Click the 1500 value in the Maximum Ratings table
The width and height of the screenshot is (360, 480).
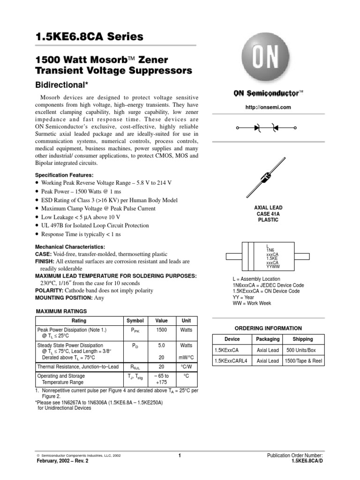[x=161, y=330]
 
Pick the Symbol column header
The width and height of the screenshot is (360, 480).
[x=135, y=321]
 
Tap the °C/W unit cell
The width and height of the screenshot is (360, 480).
[x=186, y=367]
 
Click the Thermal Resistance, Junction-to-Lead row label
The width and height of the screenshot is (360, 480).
[x=78, y=367]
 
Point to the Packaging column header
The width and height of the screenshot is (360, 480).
[x=268, y=339]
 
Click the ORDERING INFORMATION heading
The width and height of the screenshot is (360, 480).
[x=268, y=328]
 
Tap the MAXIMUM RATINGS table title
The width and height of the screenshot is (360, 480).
[x=61, y=311]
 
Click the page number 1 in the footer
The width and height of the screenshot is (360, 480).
[x=180, y=455]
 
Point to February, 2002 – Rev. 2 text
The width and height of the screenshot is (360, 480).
[x=62, y=461]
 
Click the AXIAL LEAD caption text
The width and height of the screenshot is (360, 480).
[x=268, y=207]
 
